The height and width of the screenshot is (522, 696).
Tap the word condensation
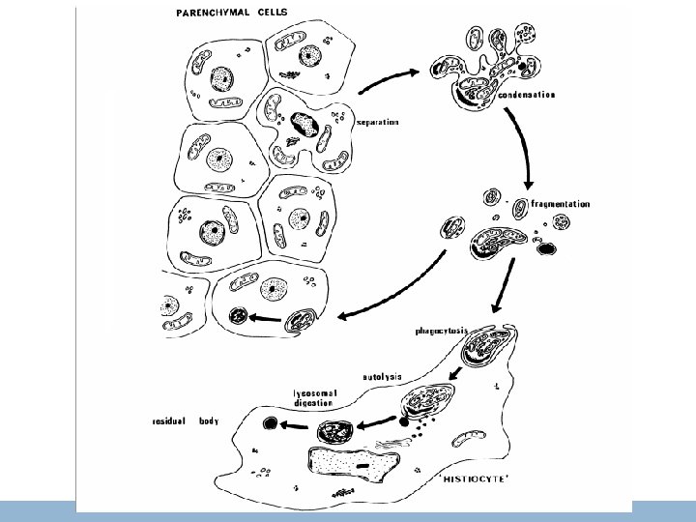[x=528, y=95]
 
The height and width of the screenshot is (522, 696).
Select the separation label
[x=378, y=122]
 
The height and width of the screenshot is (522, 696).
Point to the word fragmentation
[x=562, y=204]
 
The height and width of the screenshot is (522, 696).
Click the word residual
[x=170, y=422]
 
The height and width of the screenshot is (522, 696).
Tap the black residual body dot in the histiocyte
[x=271, y=422]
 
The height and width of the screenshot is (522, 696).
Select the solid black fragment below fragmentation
[x=546, y=248]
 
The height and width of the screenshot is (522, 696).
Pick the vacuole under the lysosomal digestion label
[x=338, y=431]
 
